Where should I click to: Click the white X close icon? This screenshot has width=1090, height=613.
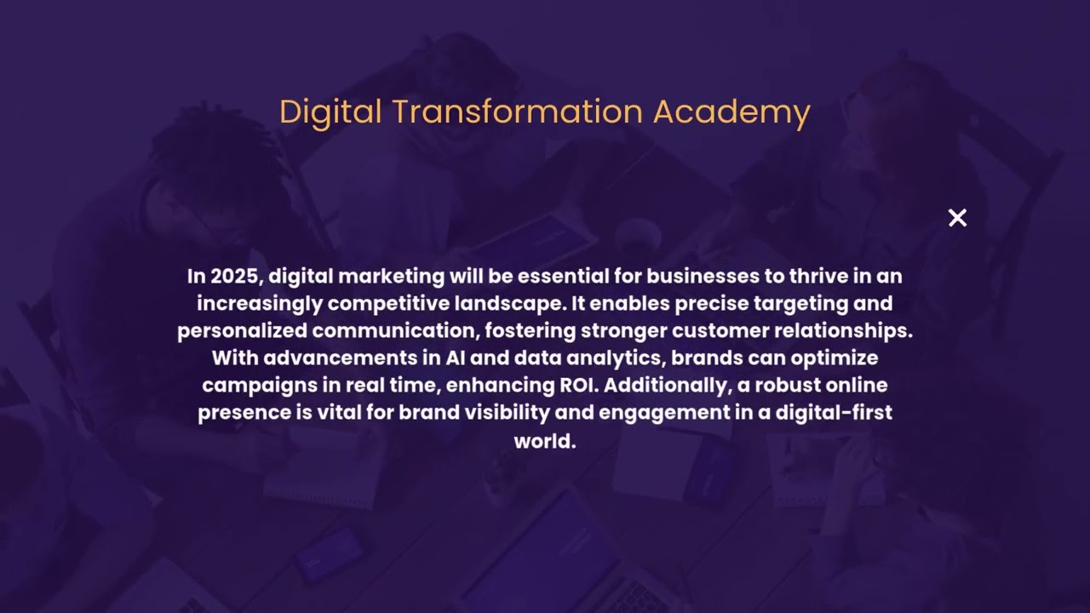click(957, 218)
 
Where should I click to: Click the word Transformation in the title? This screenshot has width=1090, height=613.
click(518, 112)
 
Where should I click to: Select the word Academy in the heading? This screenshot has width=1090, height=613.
click(731, 112)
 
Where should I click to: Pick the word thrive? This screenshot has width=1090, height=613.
click(818, 277)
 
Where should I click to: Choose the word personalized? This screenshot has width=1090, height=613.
click(243, 331)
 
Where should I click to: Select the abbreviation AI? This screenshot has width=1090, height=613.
click(454, 358)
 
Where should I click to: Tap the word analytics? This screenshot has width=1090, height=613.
click(613, 358)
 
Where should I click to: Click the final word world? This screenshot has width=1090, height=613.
click(545, 441)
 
